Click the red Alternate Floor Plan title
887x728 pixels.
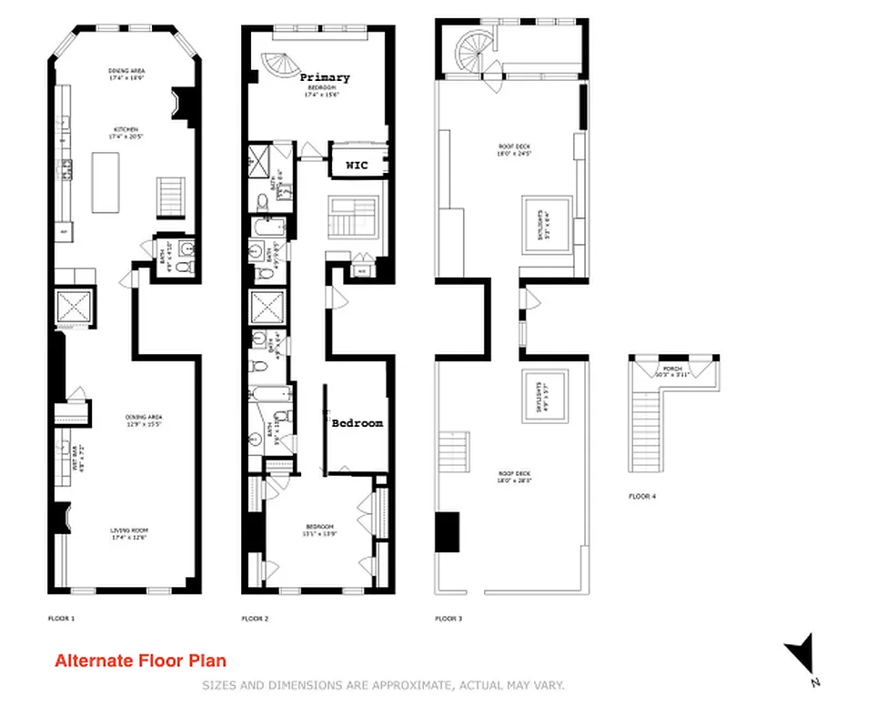click(140, 662)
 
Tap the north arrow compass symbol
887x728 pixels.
click(798, 655)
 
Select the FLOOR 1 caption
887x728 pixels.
click(62, 618)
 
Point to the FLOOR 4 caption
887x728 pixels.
click(641, 497)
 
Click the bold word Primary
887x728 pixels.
click(325, 78)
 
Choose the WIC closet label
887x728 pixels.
click(356, 166)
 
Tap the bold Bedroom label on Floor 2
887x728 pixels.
click(357, 423)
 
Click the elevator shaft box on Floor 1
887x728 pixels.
click(75, 308)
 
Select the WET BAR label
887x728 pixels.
click(78, 452)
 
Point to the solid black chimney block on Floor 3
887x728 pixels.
click(447, 532)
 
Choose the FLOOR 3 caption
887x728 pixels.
click(449, 619)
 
